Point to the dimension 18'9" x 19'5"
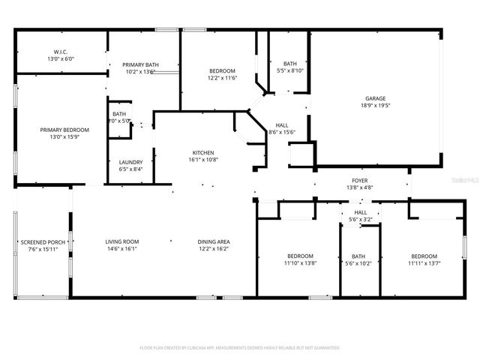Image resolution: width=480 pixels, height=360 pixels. [376, 106]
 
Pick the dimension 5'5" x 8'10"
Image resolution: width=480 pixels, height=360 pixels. [289, 70]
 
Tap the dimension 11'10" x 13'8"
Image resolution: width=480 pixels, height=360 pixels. [298, 263]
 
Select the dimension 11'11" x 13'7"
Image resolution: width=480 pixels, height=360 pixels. [424, 263]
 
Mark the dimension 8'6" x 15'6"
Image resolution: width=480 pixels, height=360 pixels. [282, 132]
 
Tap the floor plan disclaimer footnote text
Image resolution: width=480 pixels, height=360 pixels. [240, 348]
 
